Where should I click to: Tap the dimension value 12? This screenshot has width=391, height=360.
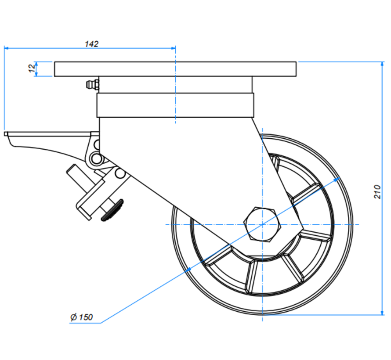point(31,69)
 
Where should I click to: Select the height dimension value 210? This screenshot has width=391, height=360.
point(377,191)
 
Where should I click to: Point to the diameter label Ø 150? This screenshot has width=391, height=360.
point(82,317)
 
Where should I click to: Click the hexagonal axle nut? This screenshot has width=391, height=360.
point(262,224)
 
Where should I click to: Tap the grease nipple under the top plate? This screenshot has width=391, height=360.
point(91,84)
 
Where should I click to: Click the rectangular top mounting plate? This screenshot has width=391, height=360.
point(176,69)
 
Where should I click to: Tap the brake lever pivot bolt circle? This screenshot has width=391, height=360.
point(95,158)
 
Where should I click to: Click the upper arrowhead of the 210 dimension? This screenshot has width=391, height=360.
point(381,65)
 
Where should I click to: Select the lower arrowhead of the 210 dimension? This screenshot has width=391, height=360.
point(381,312)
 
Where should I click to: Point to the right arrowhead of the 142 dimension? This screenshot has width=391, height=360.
point(173,48)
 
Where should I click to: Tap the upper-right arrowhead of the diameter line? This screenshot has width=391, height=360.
point(338,179)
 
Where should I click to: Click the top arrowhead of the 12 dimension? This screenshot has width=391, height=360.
point(37,64)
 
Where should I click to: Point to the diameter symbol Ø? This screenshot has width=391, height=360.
point(73,317)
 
